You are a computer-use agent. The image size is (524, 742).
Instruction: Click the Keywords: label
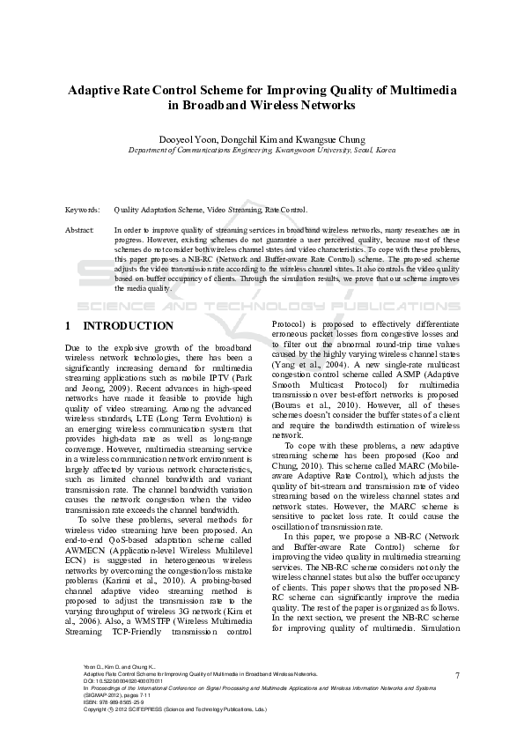[83, 211]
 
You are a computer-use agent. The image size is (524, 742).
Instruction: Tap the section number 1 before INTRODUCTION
[69, 326]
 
